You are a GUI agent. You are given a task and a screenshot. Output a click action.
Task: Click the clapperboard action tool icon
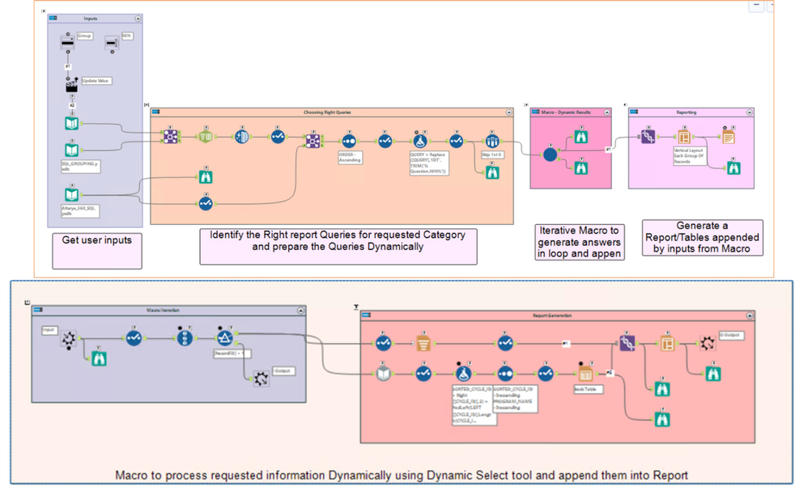(x=71, y=85)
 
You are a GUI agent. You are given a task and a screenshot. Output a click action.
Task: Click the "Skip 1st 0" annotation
(x=491, y=154)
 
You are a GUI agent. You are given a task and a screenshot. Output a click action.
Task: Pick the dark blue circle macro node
(x=550, y=154)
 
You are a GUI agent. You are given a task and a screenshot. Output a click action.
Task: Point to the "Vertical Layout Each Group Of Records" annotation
(x=688, y=155)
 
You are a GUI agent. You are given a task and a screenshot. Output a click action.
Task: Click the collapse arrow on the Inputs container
(x=138, y=16)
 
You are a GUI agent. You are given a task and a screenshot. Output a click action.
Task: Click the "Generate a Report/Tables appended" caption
(x=701, y=237)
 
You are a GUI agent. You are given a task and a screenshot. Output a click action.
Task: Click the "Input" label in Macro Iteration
(x=49, y=330)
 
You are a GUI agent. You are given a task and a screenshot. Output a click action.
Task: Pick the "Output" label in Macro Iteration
(x=283, y=371)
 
